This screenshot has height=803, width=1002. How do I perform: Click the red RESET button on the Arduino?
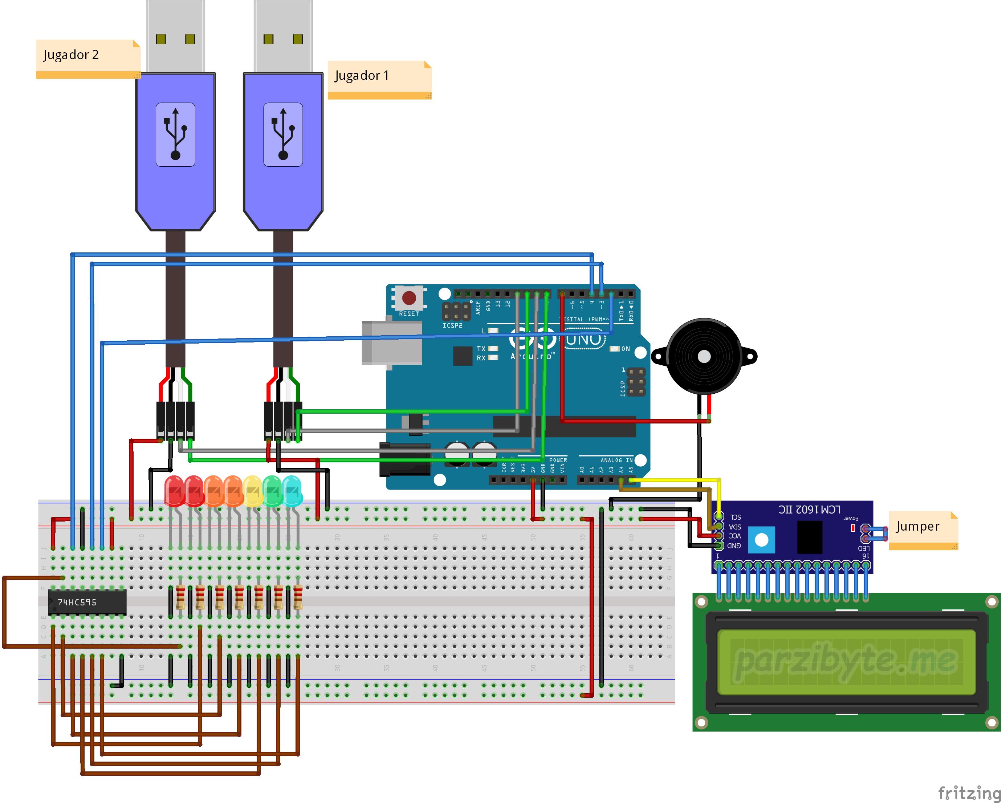click(x=409, y=297)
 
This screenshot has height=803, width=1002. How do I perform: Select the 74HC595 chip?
click(x=87, y=602)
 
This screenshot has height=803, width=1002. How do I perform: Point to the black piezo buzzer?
click(x=704, y=356)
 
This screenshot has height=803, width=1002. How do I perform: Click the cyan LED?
click(x=292, y=491)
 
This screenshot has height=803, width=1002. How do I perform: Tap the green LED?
click(x=273, y=491)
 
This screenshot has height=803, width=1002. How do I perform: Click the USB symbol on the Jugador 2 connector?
click(x=175, y=134)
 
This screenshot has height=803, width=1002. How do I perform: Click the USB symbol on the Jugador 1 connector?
click(x=283, y=134)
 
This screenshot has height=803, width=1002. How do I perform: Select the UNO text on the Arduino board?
click(x=584, y=340)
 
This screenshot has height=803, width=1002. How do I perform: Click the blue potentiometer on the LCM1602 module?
click(x=761, y=540)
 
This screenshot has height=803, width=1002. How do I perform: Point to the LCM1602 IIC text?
click(x=809, y=510)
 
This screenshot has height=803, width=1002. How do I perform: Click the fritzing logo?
click(x=969, y=791)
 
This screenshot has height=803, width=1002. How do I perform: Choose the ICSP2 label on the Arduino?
click(x=452, y=325)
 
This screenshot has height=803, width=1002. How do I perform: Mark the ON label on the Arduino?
click(x=626, y=349)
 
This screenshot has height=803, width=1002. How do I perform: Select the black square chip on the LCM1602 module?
click(x=810, y=537)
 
